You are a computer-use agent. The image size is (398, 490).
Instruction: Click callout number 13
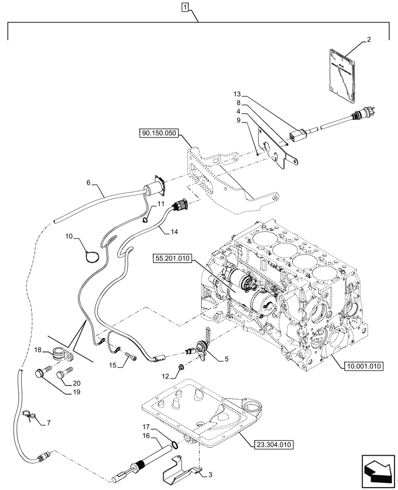[237, 93]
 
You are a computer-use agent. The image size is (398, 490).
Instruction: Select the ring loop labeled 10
[91, 256]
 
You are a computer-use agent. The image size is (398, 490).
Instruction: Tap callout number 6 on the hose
[89, 182]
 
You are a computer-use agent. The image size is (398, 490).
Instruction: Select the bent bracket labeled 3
[179, 470]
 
